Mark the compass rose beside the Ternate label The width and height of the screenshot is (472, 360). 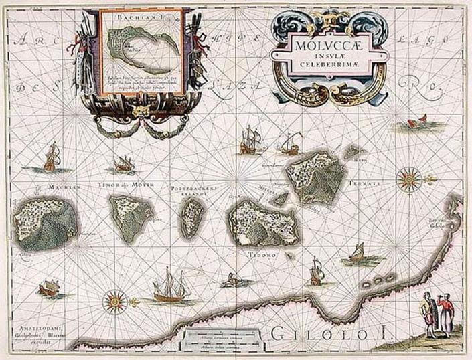tap(408, 179)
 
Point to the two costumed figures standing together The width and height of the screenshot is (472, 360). tap(435, 315)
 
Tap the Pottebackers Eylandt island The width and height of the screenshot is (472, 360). tap(193, 219)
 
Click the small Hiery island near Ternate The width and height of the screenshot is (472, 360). tap(352, 152)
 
